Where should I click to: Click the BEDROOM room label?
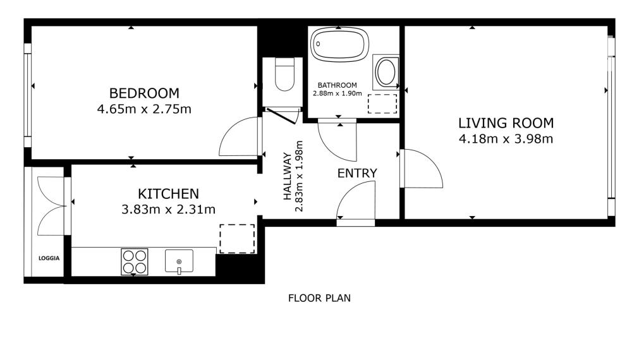pos(143,93)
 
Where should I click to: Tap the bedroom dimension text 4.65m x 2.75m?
pos(143,109)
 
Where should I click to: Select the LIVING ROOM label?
pos(506,123)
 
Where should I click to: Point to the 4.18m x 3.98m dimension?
pos(506,139)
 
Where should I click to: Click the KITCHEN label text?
pos(168,193)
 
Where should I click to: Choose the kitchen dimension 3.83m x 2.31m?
pos(168,210)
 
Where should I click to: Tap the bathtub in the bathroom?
pos(339,44)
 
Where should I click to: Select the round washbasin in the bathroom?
pos(386,72)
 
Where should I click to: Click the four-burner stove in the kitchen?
pos(134,261)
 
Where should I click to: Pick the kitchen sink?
pos(180,261)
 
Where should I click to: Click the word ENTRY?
pos(356,173)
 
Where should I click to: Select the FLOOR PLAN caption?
pos(319,298)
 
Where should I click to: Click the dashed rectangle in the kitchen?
pos(237,239)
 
